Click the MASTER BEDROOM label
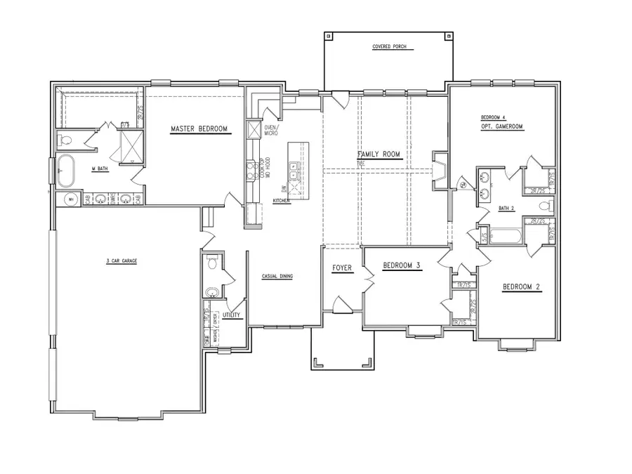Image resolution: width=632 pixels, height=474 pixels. pyautogui.click(x=200, y=129)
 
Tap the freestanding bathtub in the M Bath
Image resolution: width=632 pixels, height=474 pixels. pyautogui.click(x=66, y=171)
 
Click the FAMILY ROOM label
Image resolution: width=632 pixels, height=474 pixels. pyautogui.click(x=378, y=154)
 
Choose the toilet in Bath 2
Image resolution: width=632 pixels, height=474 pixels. pyautogui.click(x=545, y=206)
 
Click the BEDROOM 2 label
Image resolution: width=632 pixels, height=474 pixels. pyautogui.click(x=522, y=287)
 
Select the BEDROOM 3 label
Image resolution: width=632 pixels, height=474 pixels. pyautogui.click(x=402, y=265)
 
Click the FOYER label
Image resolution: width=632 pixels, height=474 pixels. pyautogui.click(x=342, y=268)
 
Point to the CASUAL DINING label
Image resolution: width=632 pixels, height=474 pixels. pyautogui.click(x=277, y=276)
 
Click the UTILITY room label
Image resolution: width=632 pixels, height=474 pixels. pyautogui.click(x=231, y=315)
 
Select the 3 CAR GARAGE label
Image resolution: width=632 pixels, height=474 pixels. pyautogui.click(x=121, y=261)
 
